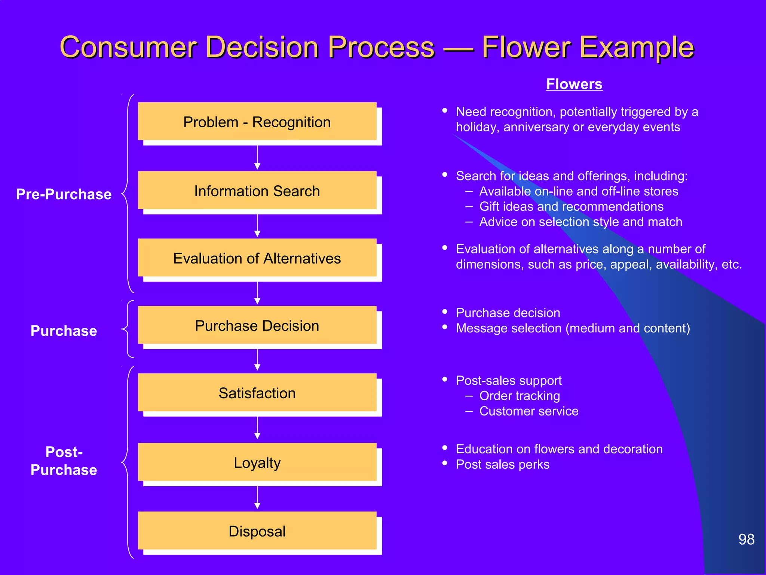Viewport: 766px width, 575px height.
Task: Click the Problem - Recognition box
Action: [x=257, y=122]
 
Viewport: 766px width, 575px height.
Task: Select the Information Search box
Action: [x=257, y=191]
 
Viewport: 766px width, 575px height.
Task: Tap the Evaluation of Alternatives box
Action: [x=257, y=258]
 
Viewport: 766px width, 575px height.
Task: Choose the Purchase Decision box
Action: [x=257, y=325]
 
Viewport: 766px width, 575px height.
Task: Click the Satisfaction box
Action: [x=257, y=393]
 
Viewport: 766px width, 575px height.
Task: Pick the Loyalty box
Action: [x=257, y=462]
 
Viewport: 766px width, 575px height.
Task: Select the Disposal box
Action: [x=257, y=531]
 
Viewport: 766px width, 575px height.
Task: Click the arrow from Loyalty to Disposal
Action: [x=257, y=498]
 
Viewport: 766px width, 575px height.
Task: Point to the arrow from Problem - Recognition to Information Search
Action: [x=257, y=157]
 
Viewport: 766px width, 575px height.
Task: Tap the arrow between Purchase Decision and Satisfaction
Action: [x=257, y=360]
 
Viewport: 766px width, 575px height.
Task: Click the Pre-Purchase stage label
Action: [x=64, y=194]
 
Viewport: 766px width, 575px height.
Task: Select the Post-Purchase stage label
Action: [x=64, y=461]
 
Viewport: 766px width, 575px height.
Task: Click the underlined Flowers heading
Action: [x=574, y=84]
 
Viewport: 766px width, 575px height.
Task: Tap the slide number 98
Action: [x=746, y=539]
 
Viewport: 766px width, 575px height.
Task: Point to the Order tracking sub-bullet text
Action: [x=520, y=396]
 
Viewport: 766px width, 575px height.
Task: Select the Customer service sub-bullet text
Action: [x=528, y=411]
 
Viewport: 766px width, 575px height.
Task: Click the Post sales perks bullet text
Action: [x=502, y=464]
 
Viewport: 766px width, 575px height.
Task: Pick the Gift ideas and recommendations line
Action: [x=571, y=206]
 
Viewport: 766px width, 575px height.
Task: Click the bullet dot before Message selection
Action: [x=445, y=327]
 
